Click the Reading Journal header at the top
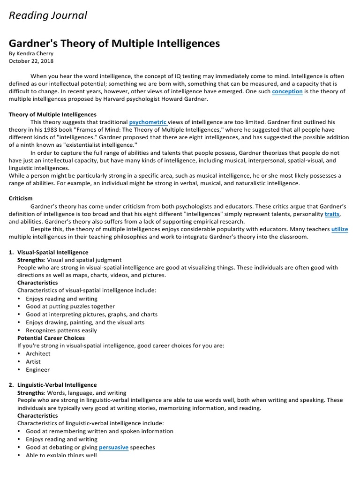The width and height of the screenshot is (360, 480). pos(48,15)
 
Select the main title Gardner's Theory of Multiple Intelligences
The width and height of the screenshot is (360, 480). pos(114,44)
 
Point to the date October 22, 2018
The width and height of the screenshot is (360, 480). pos(31,61)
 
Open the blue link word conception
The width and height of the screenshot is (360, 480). pos(287,91)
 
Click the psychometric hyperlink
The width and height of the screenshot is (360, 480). pos(148,122)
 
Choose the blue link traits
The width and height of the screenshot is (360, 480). pos(332,214)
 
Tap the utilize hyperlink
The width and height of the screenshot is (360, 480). pos(339,229)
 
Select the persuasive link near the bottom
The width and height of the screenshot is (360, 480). pos(113,447)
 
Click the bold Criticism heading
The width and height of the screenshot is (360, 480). pos(21,199)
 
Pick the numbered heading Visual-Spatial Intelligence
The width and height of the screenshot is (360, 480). pos(52,252)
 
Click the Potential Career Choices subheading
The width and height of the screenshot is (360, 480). pos(51,338)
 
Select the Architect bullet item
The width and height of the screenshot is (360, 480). pos(38,354)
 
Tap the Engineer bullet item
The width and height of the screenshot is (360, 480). pos(37,370)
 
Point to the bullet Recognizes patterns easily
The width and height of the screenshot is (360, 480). pos(61,330)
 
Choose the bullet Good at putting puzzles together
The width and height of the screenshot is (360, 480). pos(70,307)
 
